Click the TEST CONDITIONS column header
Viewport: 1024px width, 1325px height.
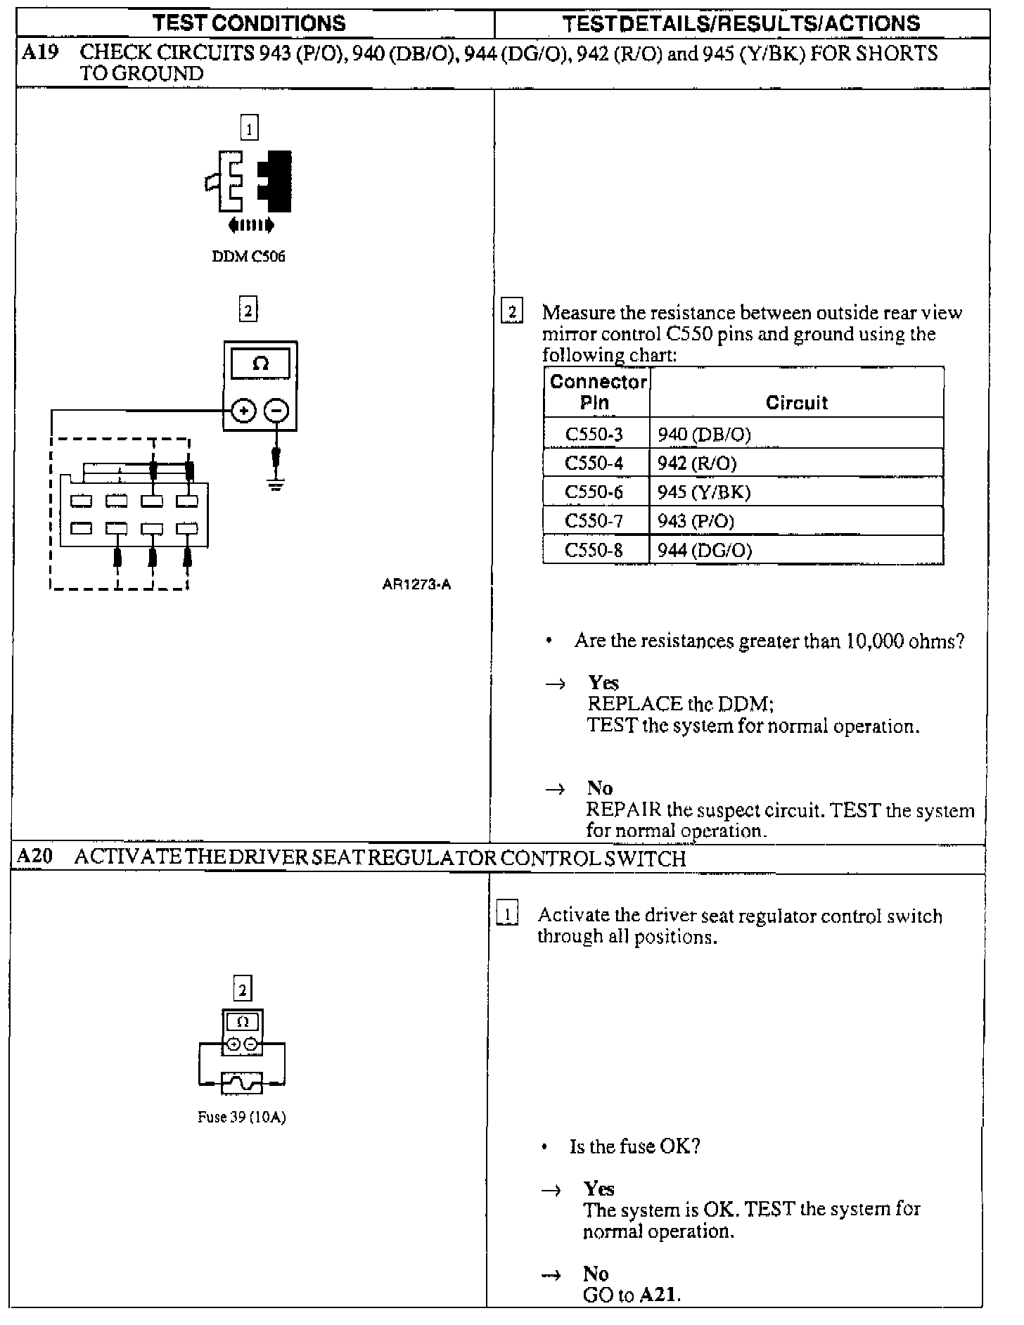[249, 23]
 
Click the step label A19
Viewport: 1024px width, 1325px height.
[39, 53]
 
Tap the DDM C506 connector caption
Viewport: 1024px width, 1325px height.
[248, 257]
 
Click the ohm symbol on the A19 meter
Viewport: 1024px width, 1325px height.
[260, 364]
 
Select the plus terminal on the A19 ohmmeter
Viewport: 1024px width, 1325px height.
[243, 411]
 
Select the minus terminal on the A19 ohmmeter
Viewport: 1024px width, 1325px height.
[277, 411]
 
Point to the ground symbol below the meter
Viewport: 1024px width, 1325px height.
[276, 484]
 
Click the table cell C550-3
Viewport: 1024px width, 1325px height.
[594, 435]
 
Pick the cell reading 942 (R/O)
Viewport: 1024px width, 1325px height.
[697, 463]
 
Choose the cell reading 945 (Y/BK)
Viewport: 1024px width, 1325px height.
[704, 492]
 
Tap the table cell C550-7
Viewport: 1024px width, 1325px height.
[594, 521]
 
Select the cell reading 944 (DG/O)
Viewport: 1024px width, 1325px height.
[705, 550]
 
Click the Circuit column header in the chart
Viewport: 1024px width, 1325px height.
[796, 403]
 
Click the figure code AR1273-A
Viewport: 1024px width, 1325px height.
[416, 584]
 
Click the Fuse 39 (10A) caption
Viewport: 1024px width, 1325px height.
[242, 1118]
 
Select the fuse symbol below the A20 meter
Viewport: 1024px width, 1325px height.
[242, 1083]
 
